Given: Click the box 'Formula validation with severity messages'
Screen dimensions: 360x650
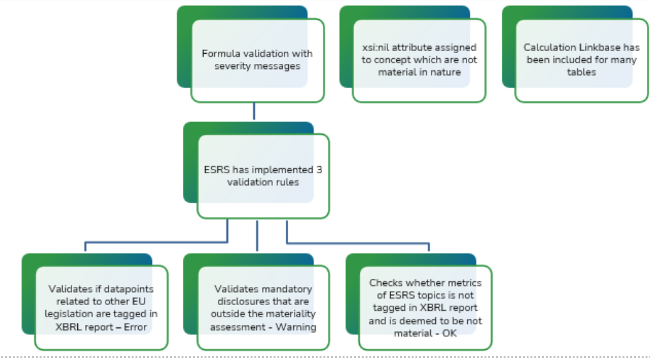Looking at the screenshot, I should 257,59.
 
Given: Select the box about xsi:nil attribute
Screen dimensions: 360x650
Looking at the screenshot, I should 419,59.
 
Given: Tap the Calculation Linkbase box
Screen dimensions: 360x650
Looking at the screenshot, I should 581,59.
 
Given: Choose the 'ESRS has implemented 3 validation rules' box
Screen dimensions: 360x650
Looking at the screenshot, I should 263,176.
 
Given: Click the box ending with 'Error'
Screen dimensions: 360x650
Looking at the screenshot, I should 101,308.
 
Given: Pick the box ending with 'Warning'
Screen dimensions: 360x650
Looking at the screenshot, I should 263,308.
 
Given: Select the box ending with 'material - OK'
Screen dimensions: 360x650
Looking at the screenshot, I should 425,308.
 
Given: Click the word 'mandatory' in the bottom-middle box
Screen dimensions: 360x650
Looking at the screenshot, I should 290,289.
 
